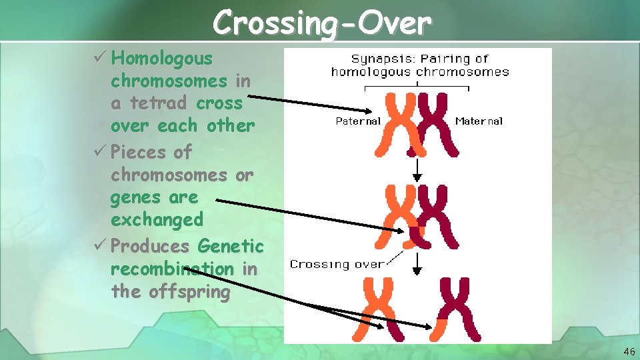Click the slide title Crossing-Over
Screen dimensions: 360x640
pos(322,23)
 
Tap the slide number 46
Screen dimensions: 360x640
pos(629,351)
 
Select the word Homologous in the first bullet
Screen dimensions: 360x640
pos(163,59)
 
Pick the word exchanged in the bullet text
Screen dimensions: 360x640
pos(157,220)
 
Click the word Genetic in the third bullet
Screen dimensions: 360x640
pos(231,247)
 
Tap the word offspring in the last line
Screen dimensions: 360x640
pos(188,292)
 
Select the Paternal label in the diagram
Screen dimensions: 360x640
pos(358,121)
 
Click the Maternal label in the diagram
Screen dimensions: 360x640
pos(479,121)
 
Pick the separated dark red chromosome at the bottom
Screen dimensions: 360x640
pos(459,308)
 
